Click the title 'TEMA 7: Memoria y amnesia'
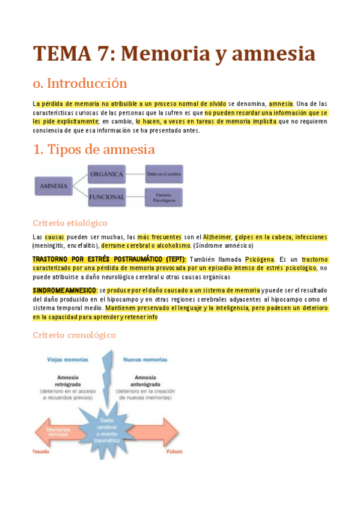174,54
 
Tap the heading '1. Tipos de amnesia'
94,149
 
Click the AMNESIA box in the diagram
53,186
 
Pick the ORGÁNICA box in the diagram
106,174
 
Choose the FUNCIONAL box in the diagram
106,197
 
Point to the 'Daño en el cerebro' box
164,174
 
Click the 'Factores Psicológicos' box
164,198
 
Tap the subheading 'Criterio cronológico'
74,335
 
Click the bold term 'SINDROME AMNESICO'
64,290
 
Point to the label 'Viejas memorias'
67,360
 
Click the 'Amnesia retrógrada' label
67,380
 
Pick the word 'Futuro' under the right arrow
174,450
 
